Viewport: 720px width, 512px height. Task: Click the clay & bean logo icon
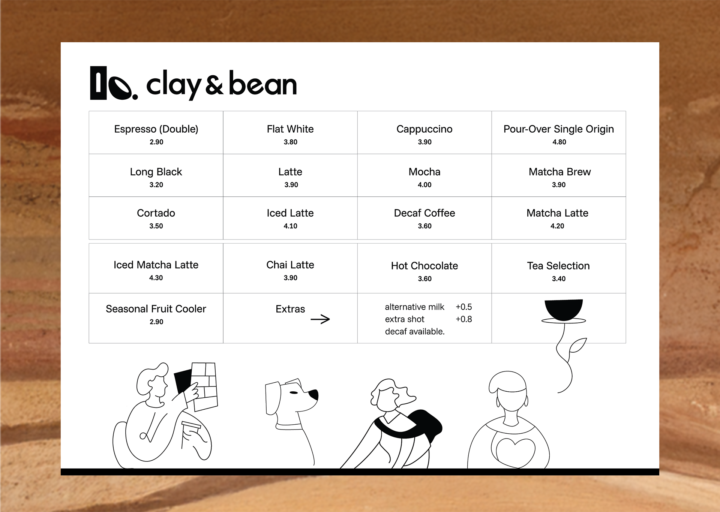[x=114, y=83]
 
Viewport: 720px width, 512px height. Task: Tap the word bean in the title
[x=262, y=84]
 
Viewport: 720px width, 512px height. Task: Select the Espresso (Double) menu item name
[x=156, y=129]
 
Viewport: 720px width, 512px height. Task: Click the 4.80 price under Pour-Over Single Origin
[x=559, y=142]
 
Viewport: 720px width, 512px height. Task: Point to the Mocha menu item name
[x=424, y=172]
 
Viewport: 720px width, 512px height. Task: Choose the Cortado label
[x=156, y=213]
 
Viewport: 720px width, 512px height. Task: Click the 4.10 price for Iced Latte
[x=290, y=226]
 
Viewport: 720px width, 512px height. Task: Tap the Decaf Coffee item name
[x=424, y=213]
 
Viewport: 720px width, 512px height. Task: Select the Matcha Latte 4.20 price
[x=557, y=226]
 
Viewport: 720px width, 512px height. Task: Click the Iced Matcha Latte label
[x=156, y=265]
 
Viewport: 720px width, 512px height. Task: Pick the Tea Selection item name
[x=558, y=266]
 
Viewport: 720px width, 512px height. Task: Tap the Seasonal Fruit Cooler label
[x=156, y=309]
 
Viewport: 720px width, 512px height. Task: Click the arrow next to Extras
[x=320, y=319]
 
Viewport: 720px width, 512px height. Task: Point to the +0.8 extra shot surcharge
[x=464, y=319]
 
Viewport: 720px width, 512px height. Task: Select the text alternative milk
[x=414, y=307]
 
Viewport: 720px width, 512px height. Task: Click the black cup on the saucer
[x=564, y=310]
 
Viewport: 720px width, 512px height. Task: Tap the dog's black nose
[x=314, y=395]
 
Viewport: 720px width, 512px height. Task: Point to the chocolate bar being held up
[x=204, y=386]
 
